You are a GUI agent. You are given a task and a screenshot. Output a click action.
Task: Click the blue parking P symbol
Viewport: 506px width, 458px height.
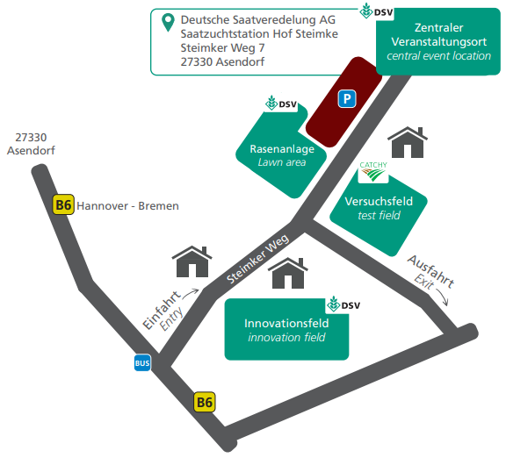coord(347,98)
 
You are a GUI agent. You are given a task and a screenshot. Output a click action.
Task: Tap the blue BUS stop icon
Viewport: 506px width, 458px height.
coord(142,363)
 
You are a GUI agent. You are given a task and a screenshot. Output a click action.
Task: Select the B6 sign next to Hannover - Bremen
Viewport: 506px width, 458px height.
coord(63,204)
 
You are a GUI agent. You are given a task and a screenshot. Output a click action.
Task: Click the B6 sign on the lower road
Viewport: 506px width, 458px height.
coord(205,402)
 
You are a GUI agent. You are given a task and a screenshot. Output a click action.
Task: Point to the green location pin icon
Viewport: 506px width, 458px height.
coord(168,22)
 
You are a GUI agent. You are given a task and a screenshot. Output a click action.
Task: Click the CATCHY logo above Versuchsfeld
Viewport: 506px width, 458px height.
coord(373,172)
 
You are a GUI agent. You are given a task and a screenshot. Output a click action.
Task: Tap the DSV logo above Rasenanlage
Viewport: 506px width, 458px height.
coord(281,104)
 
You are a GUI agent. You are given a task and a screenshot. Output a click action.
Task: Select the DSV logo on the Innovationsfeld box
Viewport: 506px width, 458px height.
coord(343,304)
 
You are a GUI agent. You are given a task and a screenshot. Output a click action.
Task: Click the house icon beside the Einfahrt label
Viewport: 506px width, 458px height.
coord(192,261)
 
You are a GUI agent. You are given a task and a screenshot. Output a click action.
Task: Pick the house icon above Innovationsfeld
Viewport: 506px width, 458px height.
coord(288,274)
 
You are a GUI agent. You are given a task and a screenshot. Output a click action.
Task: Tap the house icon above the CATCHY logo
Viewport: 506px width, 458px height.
coord(408,142)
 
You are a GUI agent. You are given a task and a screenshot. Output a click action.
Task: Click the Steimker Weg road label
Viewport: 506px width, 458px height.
coord(257,259)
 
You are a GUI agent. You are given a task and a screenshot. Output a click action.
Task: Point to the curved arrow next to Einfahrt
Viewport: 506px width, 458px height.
coord(191,293)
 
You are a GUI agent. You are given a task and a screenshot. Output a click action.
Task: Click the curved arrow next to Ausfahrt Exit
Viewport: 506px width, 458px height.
coord(443,297)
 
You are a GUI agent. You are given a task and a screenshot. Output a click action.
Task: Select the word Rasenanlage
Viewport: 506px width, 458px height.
coord(282,149)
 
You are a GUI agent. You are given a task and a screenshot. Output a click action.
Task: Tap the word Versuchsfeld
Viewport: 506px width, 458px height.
coord(379,202)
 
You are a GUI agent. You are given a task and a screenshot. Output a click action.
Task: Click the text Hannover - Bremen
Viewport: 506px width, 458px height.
coord(127,206)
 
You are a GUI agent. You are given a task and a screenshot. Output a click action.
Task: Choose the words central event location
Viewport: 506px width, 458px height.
coord(438,56)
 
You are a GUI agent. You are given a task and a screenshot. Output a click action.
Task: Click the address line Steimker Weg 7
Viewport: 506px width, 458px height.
coord(222,48)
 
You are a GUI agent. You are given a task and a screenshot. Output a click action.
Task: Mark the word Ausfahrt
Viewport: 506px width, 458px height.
coord(430,271)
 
